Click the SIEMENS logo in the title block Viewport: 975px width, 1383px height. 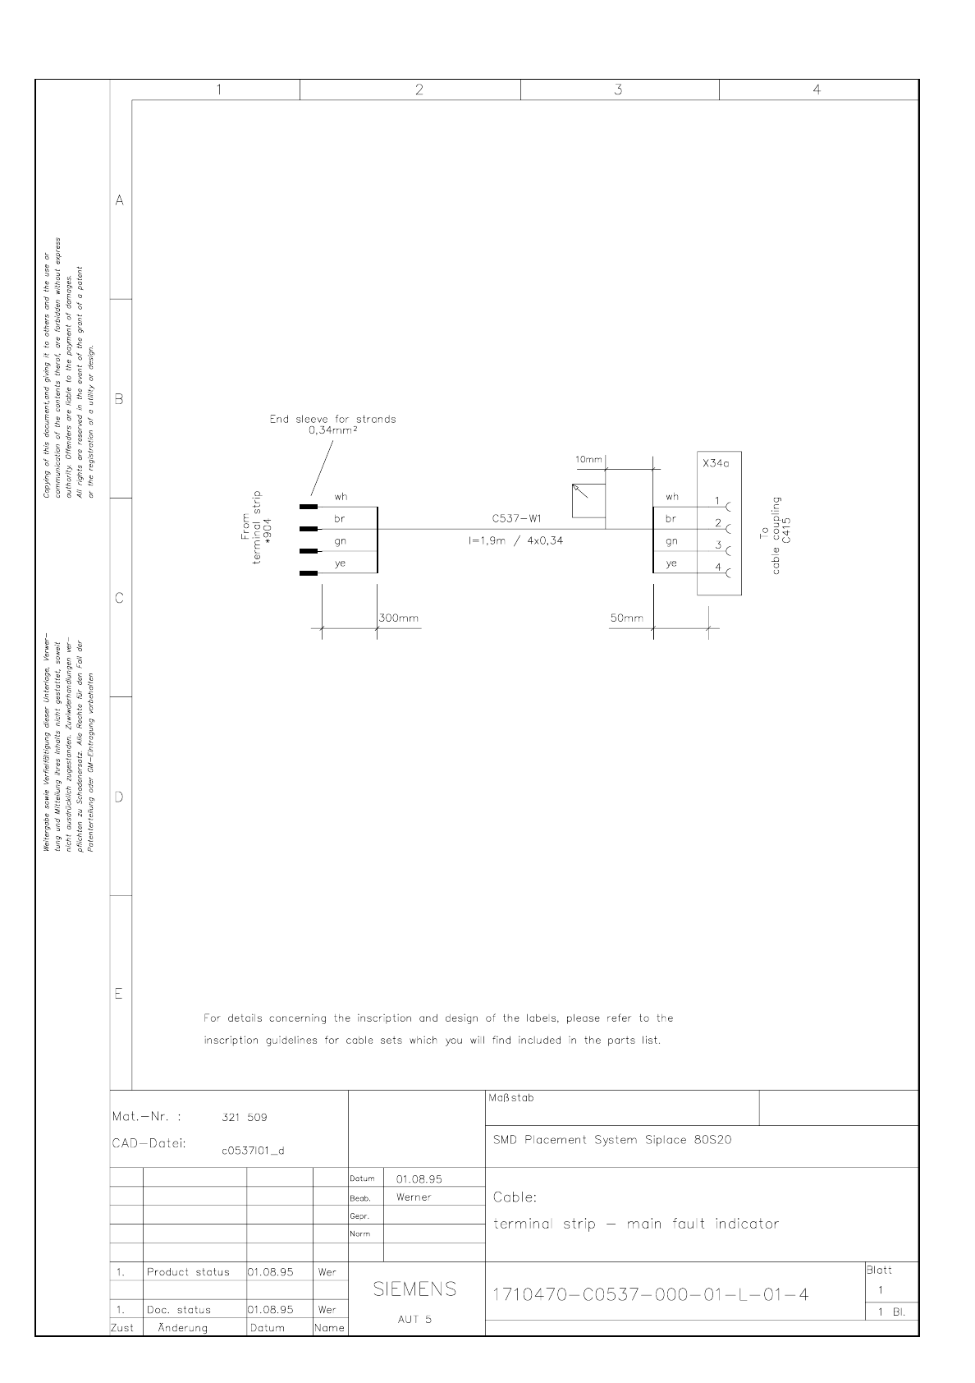pos(414,1289)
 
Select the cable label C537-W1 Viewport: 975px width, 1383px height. pos(516,519)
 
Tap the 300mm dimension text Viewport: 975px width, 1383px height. pos(399,618)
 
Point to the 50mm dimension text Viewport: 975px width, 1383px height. pos(627,618)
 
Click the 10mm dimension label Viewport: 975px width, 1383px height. pos(588,460)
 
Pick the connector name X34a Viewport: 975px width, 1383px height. pos(716,463)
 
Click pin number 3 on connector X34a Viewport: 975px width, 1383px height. pos(717,545)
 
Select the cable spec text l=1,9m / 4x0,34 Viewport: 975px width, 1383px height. pos(516,540)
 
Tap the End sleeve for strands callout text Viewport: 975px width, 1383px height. pos(332,424)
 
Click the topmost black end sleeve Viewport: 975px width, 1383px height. pos(309,507)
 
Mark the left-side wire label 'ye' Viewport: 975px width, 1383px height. pos(340,563)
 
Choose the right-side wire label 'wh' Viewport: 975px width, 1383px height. pos(672,497)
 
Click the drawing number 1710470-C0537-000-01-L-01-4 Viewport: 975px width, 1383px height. pos(650,1295)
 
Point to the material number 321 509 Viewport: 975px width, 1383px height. pos(245,1117)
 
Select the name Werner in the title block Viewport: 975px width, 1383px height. pos(414,1197)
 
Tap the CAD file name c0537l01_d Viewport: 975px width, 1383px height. pos(253,1151)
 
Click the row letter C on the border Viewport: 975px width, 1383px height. pos(120,598)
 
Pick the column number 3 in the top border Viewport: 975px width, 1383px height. pos(618,90)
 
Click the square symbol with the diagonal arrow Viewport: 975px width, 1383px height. pos(588,500)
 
